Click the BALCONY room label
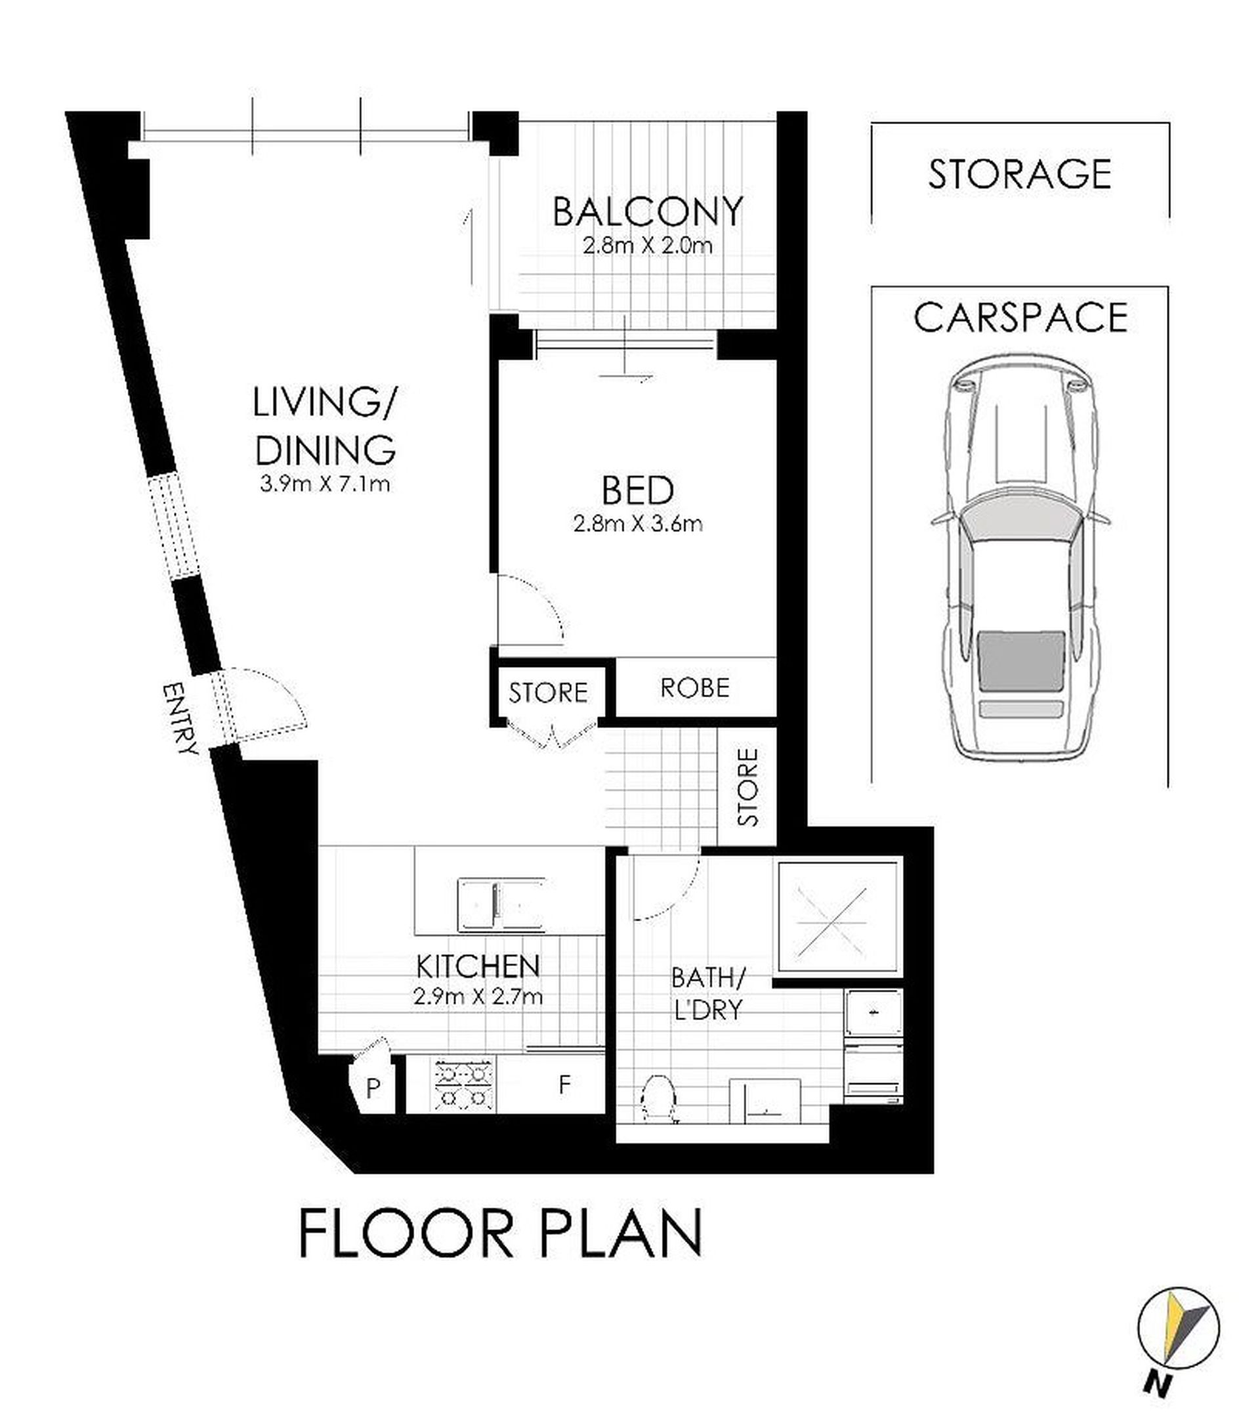(647, 212)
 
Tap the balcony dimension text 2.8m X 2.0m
(647, 246)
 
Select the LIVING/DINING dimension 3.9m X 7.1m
(325, 484)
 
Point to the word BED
(638, 490)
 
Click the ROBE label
(694, 688)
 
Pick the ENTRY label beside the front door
(180, 719)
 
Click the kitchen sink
(501, 905)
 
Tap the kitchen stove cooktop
(465, 1085)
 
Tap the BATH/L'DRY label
(707, 995)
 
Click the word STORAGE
(1020, 174)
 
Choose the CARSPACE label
(1020, 318)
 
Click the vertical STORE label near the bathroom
(747, 786)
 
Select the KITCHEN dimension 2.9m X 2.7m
(478, 996)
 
